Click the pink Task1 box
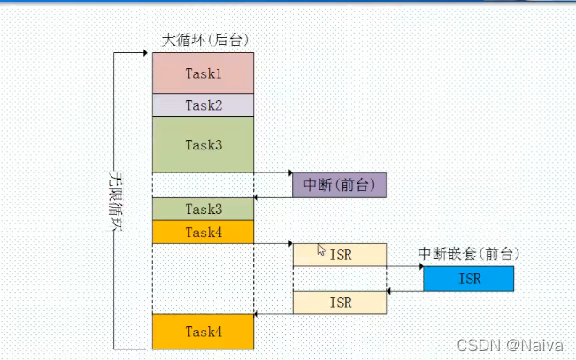pos(203,73)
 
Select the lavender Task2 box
pos(203,104)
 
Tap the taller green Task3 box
pos(203,144)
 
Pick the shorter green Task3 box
pos(203,209)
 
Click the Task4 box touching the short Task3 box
pos(203,232)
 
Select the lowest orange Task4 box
pos(203,331)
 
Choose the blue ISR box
pos(468,279)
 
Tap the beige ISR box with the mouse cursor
pos(340,255)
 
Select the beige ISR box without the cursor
pos(340,303)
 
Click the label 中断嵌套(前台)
pos(468,254)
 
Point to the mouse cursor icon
pos(321,250)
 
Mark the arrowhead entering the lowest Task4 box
pos(257,314)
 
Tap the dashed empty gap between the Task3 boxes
pos(203,185)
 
